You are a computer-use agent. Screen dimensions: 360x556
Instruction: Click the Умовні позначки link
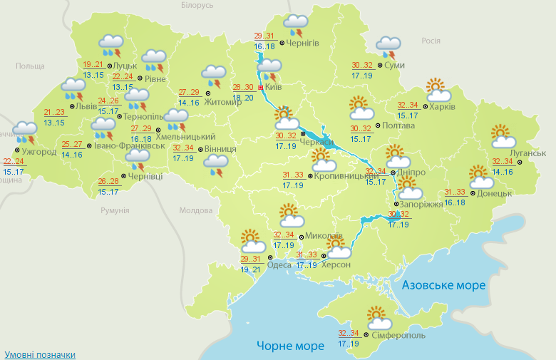[39, 354]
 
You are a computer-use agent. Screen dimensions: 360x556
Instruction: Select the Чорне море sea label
[290, 346]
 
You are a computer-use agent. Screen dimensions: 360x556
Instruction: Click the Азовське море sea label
[443, 285]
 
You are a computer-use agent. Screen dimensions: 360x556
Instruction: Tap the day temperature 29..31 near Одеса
[251, 259]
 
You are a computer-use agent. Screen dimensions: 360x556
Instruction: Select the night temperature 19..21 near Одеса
[251, 270]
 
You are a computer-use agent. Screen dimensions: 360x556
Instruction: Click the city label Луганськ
[528, 153]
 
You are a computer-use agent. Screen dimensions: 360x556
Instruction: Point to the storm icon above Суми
[388, 47]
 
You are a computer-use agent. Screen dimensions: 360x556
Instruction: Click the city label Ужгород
[39, 152]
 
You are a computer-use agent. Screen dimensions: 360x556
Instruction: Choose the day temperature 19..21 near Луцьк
[93, 63]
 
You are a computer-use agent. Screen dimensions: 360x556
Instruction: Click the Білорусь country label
[197, 6]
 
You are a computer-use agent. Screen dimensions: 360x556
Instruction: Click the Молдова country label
[196, 211]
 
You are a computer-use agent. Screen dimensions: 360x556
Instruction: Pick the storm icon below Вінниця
[215, 167]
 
